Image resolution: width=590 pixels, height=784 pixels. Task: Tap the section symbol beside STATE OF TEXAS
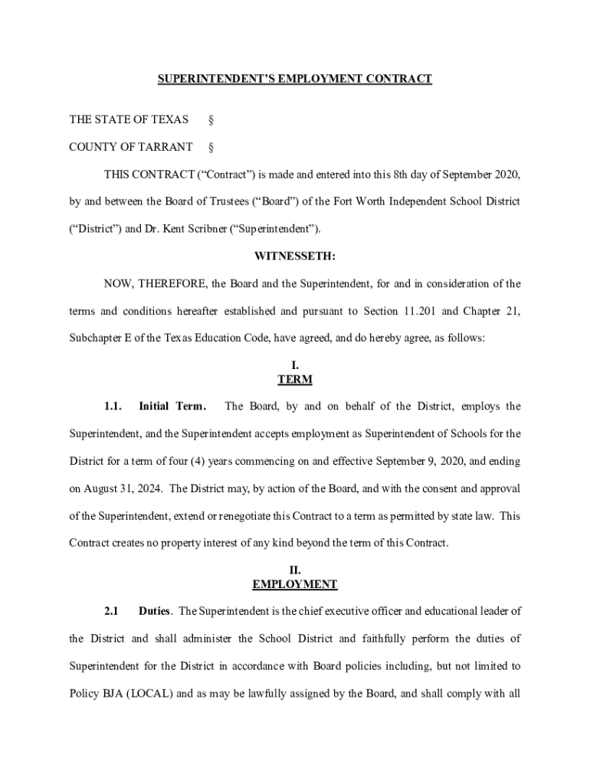tap(211, 120)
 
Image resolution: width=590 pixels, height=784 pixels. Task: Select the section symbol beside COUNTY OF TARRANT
tap(211, 147)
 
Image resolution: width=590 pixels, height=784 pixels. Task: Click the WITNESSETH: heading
tap(294, 256)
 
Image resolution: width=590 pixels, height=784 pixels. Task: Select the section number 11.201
tap(421, 312)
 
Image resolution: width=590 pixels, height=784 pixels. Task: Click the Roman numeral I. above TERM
tap(295, 366)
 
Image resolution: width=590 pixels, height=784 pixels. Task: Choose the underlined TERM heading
tap(295, 380)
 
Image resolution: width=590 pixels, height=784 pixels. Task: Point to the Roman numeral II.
tap(295, 570)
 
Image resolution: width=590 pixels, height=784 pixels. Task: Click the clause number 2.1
tap(112, 611)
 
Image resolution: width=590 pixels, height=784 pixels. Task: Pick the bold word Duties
tap(155, 611)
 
